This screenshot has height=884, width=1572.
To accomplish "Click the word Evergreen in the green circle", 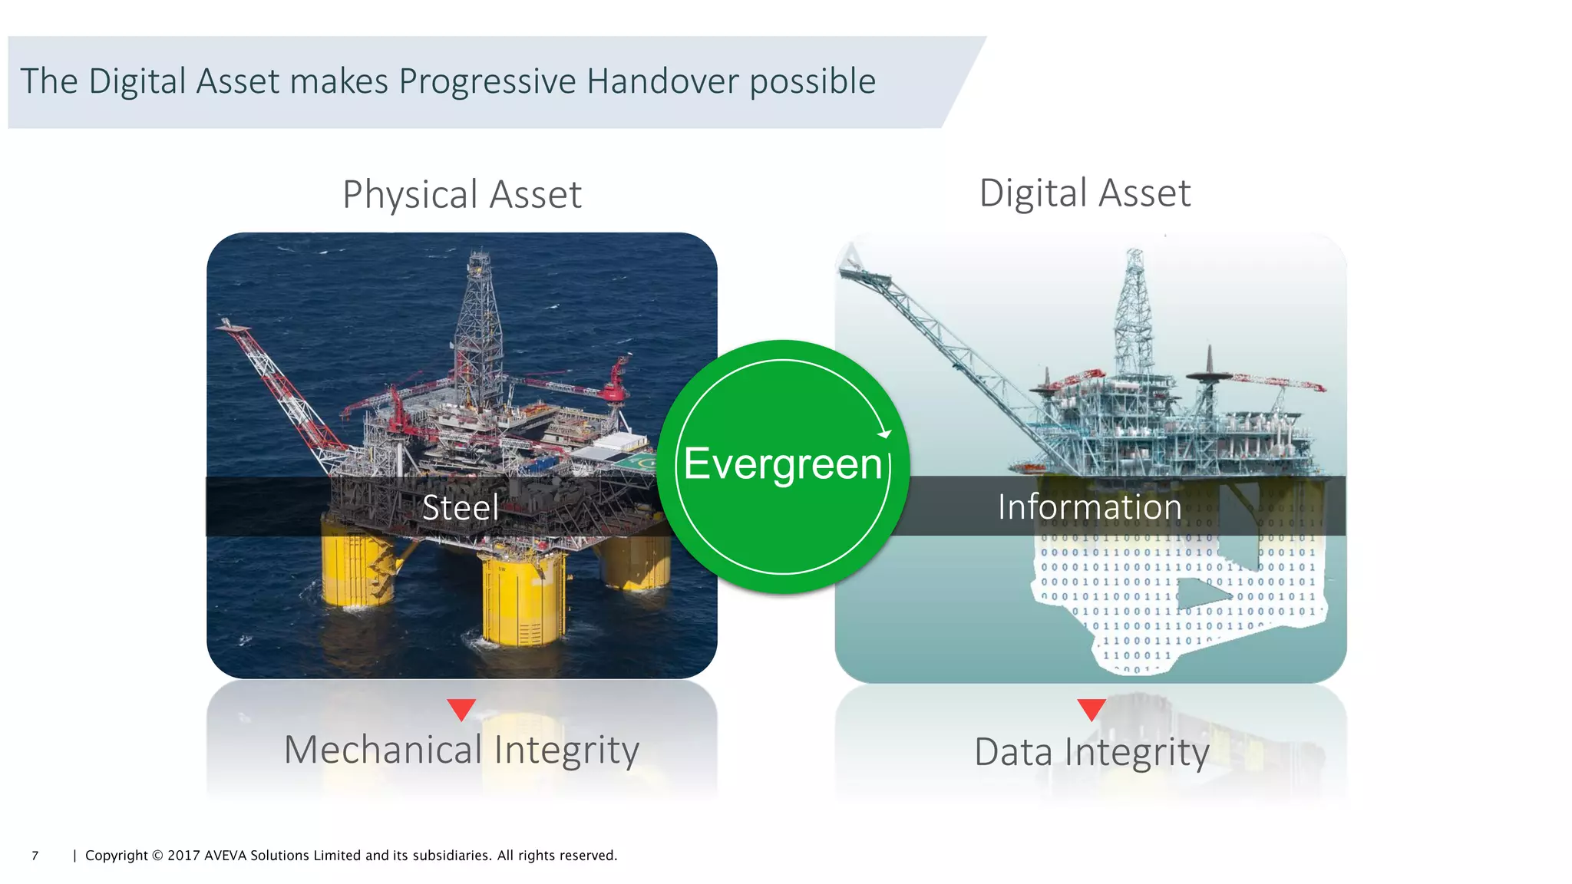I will click(x=782, y=463).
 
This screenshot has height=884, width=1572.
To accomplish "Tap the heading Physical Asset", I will click(x=461, y=194).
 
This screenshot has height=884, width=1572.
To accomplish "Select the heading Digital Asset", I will click(x=1085, y=193).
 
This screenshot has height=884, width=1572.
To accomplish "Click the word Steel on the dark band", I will click(x=461, y=507).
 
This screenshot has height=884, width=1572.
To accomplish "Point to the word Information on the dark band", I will click(x=1089, y=506).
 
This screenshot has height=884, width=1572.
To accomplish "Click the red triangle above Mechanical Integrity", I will click(x=461, y=708).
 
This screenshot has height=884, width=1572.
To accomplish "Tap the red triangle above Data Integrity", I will click(x=1091, y=708).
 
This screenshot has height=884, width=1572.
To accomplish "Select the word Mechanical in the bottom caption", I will click(x=383, y=750).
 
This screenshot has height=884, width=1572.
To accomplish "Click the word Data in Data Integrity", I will click(x=1013, y=752).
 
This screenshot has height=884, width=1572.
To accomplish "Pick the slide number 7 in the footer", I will click(x=35, y=856).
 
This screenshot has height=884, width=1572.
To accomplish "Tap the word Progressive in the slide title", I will click(x=487, y=81).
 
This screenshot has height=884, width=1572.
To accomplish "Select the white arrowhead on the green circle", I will click(x=885, y=434).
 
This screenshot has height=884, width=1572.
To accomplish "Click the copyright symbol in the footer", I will click(x=157, y=856).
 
